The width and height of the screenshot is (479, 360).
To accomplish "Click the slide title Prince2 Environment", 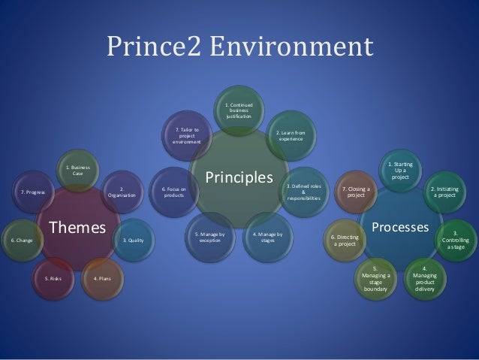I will click(239, 47).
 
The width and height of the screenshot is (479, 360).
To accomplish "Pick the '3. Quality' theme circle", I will click(133, 241).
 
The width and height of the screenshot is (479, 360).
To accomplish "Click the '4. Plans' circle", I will click(100, 278).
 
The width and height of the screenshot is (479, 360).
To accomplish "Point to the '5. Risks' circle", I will click(53, 278).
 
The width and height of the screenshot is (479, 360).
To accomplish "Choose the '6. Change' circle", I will click(20, 241).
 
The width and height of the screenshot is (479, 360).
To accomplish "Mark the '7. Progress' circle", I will click(32, 192).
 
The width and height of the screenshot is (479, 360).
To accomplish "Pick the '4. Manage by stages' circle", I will click(268, 239).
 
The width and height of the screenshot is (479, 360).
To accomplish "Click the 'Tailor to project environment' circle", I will click(186, 136).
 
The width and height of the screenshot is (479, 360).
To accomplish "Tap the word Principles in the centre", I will click(239, 178).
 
